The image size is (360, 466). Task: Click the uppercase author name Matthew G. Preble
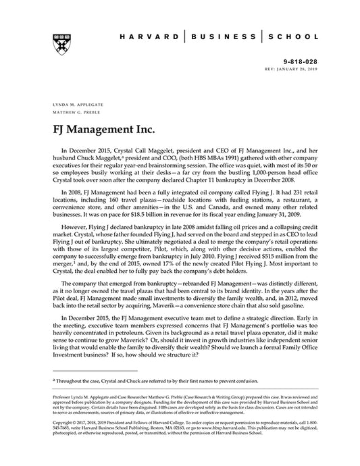72,114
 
